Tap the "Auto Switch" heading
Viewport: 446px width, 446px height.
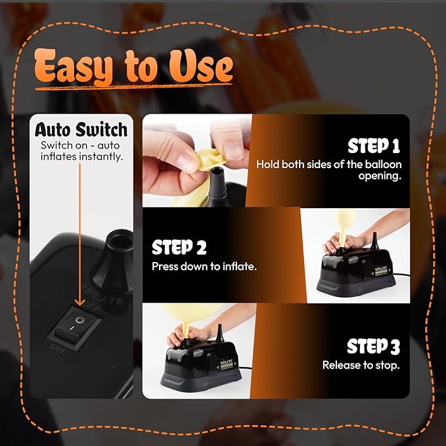[81, 129]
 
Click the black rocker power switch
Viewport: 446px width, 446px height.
[74, 327]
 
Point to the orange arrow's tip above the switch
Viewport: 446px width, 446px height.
[80, 306]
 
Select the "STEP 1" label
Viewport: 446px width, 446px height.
[374, 146]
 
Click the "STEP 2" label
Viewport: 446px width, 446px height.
[179, 247]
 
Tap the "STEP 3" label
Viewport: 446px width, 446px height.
[374, 346]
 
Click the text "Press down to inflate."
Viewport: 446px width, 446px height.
[204, 267]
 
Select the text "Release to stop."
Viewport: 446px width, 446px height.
[361, 365]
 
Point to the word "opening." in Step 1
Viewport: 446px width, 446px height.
[380, 176]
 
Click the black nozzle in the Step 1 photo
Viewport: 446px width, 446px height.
[217, 185]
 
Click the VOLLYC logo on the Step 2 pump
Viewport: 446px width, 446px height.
[381, 269]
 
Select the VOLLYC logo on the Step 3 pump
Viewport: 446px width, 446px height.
[226, 363]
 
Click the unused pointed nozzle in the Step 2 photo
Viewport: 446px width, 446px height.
[374, 240]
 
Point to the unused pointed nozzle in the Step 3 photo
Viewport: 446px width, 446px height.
[219, 333]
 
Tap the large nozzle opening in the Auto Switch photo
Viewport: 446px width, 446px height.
[121, 241]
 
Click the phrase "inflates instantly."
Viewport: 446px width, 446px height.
[82, 157]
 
